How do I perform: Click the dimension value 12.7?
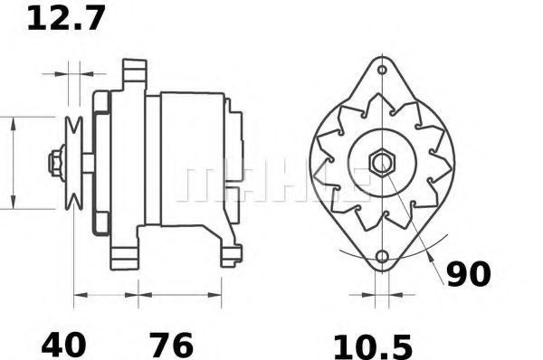66,19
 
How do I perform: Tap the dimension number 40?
63,345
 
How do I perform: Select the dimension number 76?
172,345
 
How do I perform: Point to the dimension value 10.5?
373,346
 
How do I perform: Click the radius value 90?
469,274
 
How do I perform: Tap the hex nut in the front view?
382,162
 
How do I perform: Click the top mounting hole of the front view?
382,70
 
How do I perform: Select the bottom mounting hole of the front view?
382,257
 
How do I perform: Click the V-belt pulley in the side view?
74,163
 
